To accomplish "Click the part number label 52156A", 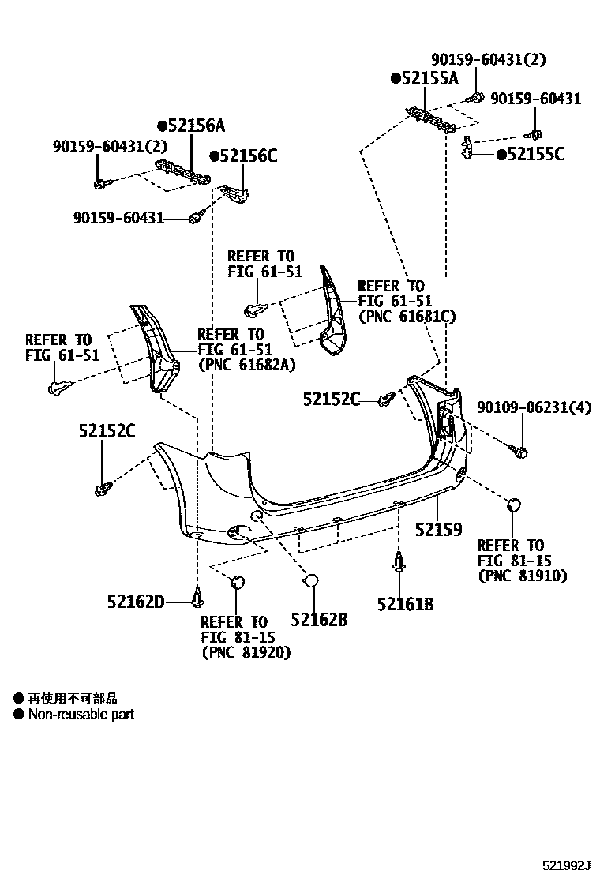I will (x=195, y=126).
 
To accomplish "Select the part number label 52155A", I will (x=429, y=78).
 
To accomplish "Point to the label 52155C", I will (x=534, y=155).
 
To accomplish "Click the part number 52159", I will (x=439, y=530).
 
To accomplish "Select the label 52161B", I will (x=405, y=605).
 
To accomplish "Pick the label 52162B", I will (x=319, y=620).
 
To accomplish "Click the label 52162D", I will (x=136, y=602).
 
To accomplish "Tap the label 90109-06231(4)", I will (x=534, y=407).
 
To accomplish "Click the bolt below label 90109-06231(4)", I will (x=520, y=450).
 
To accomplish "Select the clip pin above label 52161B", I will (x=399, y=562).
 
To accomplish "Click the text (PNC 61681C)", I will (x=407, y=317).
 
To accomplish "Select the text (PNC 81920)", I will (x=246, y=653).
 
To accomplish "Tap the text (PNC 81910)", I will (x=522, y=576).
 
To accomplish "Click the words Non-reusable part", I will (x=81, y=715).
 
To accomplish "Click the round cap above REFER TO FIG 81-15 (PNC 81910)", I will (x=512, y=506).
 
